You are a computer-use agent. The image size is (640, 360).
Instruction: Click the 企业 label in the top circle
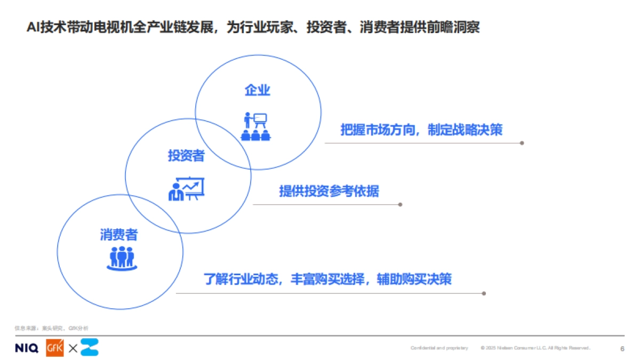258,90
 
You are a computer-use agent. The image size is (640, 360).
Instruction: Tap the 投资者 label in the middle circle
186,156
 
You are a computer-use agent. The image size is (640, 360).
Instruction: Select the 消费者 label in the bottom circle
119,235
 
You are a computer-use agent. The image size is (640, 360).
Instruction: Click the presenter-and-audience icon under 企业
255,126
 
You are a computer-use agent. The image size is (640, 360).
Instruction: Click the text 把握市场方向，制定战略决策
421,130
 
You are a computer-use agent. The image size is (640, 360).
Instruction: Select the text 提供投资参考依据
329,191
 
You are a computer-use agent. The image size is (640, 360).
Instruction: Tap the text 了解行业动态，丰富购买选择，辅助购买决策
327,279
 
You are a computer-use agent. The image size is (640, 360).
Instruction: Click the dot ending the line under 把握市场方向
522,143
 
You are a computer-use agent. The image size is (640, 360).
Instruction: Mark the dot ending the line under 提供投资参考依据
400,204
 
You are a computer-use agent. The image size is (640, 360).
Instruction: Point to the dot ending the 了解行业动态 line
484,293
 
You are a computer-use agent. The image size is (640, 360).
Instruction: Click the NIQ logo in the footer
27,348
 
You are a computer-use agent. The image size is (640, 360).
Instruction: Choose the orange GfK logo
55,348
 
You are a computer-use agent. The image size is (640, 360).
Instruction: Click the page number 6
622,348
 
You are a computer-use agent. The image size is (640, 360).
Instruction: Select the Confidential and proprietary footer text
439,348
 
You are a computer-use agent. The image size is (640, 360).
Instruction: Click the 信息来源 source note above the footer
51,328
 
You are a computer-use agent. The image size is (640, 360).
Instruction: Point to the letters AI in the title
33,27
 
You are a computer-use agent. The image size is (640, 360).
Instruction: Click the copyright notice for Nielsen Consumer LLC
535,348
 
